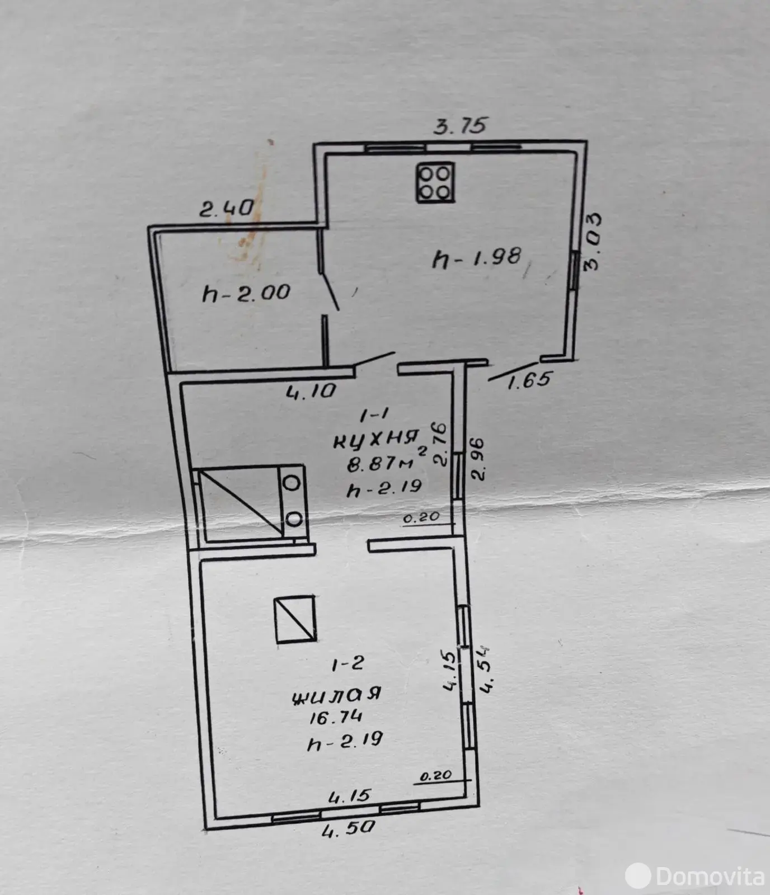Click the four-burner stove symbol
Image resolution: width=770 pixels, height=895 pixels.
(435, 182)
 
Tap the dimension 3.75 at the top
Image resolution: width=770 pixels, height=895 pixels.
(461, 126)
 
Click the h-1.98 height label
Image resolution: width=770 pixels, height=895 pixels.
(477, 259)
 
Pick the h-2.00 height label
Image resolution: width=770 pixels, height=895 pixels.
(246, 293)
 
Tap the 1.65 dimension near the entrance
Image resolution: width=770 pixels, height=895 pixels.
(529, 380)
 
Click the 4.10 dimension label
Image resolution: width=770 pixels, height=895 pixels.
(311, 391)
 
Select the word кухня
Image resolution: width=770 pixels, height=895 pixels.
(377, 439)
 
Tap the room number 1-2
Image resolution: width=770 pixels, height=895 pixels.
(348, 664)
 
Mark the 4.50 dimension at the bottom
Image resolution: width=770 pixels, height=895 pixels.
(348, 828)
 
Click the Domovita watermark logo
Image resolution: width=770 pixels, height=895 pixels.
(696, 876)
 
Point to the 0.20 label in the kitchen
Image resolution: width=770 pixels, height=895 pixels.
(421, 517)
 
